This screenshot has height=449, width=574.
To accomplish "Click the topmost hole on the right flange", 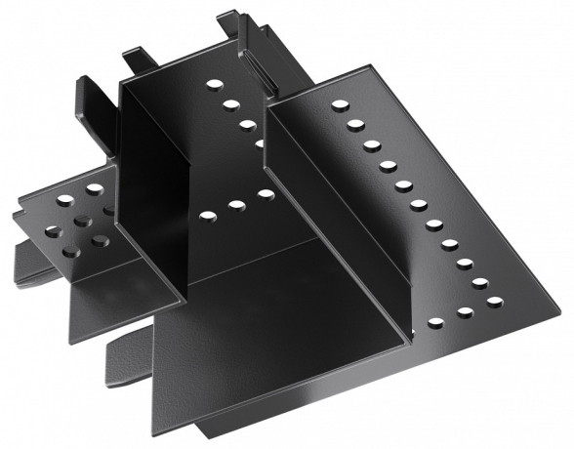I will pyautogui.click(x=339, y=105).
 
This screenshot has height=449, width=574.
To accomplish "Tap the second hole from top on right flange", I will pyautogui.click(x=355, y=125).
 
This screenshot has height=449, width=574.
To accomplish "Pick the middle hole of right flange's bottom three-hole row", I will pyautogui.click(x=465, y=313).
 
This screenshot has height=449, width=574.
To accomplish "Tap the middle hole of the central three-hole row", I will pyautogui.click(x=236, y=205).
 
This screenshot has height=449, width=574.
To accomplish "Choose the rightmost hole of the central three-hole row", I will pyautogui.click(x=266, y=195).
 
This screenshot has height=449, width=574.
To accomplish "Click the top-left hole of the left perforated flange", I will pyautogui.click(x=64, y=199).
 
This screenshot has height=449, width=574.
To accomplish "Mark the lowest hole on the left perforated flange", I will pyautogui.click(x=71, y=252).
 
